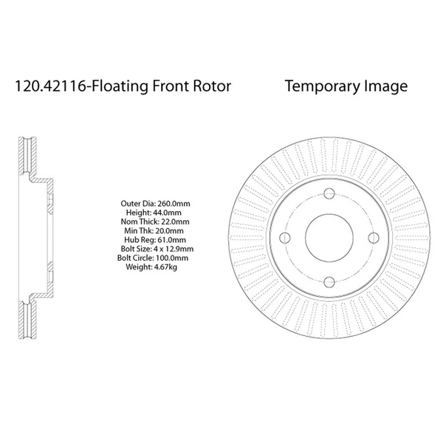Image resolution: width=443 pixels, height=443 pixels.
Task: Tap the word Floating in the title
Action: [117, 86]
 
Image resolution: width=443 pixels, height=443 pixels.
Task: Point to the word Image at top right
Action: [384, 86]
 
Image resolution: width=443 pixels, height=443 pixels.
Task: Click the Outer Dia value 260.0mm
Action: [171, 202]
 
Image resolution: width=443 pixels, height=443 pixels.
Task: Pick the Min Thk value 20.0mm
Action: [170, 230]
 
